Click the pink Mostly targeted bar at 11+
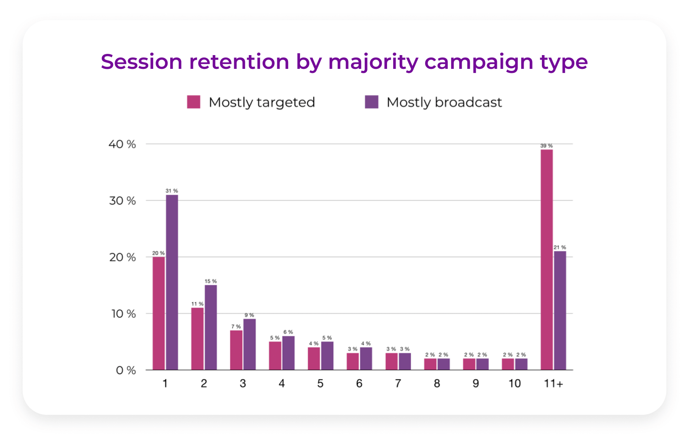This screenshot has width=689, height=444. pos(546,259)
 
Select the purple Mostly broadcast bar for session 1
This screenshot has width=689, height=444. pos(172,282)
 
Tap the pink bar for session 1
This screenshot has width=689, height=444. pos(158,313)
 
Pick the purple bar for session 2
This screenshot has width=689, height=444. pos(210,327)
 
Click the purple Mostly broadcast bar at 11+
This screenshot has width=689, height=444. pos(560,310)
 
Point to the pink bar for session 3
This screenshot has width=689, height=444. pos(236,350)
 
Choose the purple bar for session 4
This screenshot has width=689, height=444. pos(288,353)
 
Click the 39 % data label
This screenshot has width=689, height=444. pos(546,146)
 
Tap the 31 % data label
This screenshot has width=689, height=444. pos(171,191)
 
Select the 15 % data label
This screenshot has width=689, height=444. pos(210,281)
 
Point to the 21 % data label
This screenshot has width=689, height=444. pos(560,248)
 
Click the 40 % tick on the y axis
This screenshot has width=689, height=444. pos(122,144)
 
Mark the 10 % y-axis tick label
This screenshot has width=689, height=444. pos(123,314)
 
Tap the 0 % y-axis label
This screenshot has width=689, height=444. pos(126,370)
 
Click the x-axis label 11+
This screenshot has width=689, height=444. pos(553,384)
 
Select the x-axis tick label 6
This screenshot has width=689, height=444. pos(359,384)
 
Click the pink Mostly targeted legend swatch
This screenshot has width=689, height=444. pos(194,102)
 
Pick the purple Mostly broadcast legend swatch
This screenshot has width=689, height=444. pos(371,102)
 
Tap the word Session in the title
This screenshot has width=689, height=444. pos(141,62)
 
